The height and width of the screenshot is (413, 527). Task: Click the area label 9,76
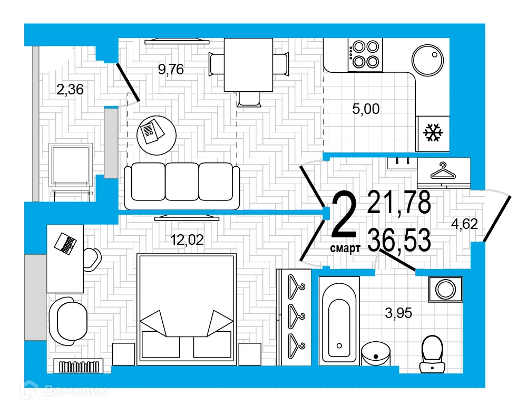click(171, 70)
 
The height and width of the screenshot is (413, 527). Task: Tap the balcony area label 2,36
click(70, 90)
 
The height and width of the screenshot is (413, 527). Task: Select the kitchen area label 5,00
click(366, 109)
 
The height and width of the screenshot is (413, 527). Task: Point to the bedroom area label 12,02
click(187, 240)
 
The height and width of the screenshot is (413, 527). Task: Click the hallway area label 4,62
click(464, 224)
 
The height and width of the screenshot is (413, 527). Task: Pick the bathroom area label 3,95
click(398, 313)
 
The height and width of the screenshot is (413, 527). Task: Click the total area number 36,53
click(399, 241)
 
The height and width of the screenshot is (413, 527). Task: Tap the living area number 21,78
click(399, 202)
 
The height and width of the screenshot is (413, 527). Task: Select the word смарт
click(345, 248)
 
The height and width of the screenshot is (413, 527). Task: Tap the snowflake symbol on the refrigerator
click(434, 133)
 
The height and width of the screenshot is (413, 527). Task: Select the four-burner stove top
click(364, 54)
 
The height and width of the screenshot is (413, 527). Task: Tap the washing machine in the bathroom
click(446, 289)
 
